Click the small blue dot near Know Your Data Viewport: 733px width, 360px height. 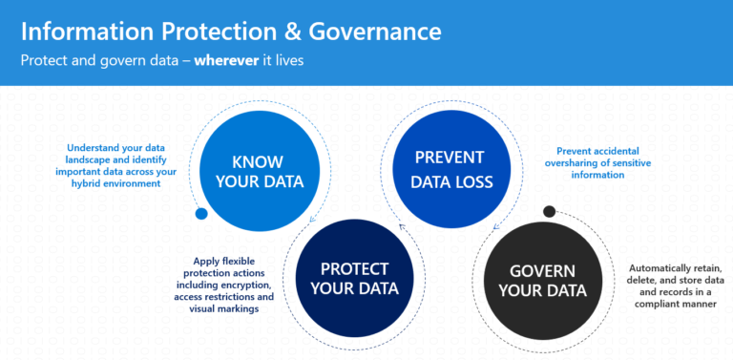click(201, 214)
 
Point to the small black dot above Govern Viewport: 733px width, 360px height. click(549, 211)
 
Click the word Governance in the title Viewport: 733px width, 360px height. click(374, 32)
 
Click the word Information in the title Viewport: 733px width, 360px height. click(84, 32)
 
